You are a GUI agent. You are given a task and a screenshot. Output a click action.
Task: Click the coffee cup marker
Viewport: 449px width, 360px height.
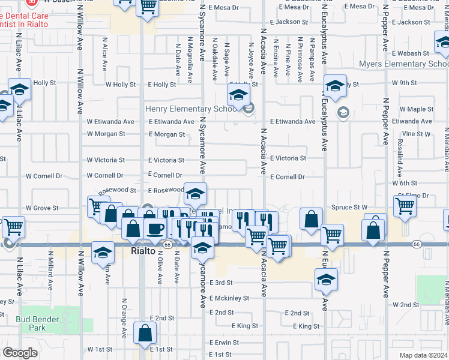point(155,228)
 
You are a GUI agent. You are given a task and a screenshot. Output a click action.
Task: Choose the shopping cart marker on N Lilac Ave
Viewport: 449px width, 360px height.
point(13,227)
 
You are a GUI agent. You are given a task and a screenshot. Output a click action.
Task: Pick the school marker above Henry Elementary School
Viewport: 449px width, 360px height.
point(238,94)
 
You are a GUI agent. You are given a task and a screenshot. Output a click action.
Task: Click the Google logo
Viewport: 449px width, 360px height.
point(20,353)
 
